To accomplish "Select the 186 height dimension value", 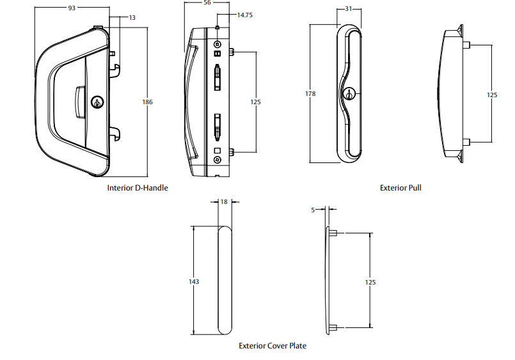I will [x=147, y=102].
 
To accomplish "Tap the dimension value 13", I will [x=132, y=18].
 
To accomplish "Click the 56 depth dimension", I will [x=207, y=3].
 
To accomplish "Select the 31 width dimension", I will [x=349, y=8].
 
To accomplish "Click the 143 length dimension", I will [x=194, y=281].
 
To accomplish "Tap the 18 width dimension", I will [x=224, y=201].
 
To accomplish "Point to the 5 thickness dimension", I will [x=313, y=209].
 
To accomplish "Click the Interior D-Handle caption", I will [x=138, y=188].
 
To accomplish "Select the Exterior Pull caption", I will [x=400, y=188].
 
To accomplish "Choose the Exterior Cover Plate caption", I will [x=273, y=345].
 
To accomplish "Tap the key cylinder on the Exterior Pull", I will [x=349, y=94].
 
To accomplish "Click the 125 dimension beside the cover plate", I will [x=370, y=282].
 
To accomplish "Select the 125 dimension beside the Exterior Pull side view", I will [x=491, y=95].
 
